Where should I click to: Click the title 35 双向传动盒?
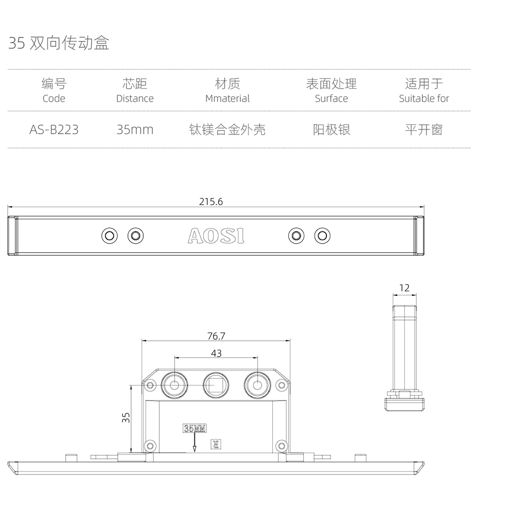(59, 44)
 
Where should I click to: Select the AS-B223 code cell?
(54, 130)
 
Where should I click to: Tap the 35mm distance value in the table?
(135, 130)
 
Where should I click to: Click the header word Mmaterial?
(227, 98)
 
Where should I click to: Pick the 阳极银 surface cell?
(331, 130)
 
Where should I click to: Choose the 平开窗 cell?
(424, 130)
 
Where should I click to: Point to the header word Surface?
(331, 98)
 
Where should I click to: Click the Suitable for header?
(424, 98)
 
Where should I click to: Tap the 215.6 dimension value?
(211, 202)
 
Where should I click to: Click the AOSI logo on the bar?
(216, 235)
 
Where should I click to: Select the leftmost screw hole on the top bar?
(109, 235)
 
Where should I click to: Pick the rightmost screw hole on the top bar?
(322, 235)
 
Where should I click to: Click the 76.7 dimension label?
(216, 336)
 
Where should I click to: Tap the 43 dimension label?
(216, 353)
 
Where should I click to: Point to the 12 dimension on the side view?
(404, 288)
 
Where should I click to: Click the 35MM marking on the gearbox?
(195, 429)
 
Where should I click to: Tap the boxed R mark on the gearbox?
(216, 445)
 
